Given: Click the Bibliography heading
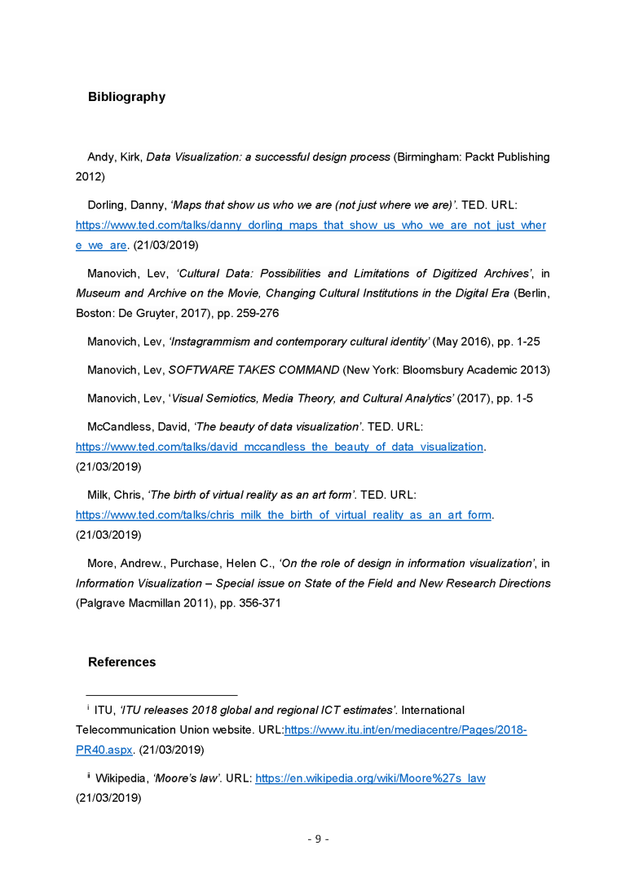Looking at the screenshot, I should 126,97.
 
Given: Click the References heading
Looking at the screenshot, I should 121,662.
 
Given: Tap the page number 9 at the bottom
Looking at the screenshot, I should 318,839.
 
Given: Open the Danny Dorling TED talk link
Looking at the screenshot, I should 311,225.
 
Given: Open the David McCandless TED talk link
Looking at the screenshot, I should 280,447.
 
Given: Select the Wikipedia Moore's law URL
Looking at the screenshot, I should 370,778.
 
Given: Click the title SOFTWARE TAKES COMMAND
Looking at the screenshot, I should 253,370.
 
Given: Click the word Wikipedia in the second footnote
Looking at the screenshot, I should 121,778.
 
